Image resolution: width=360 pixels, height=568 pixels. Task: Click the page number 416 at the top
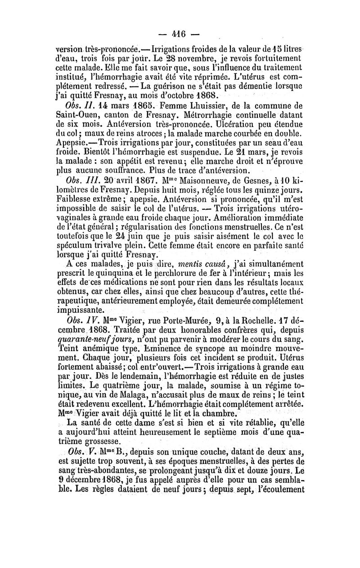(180, 34)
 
